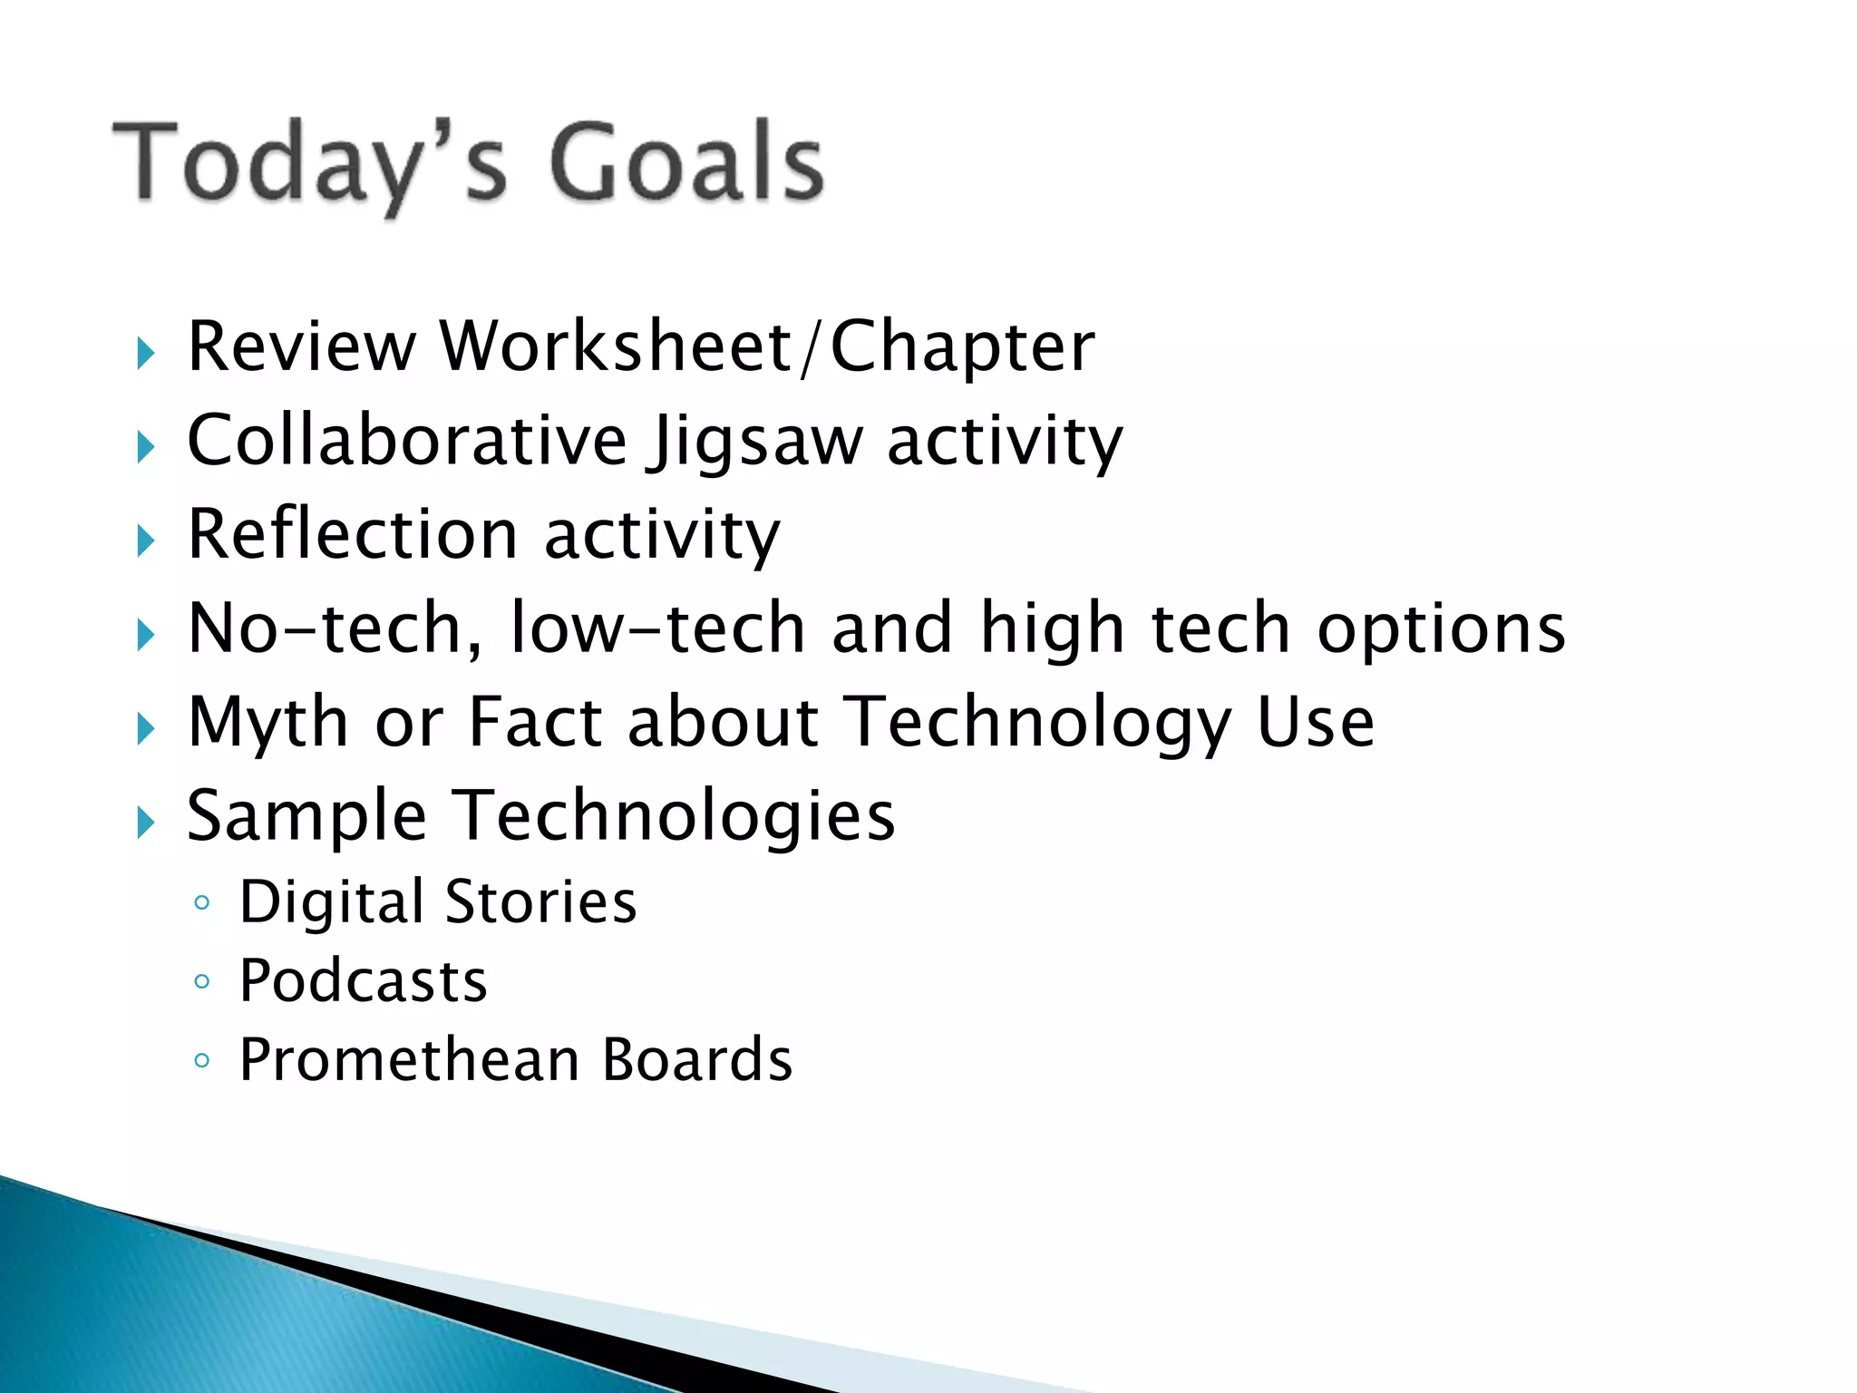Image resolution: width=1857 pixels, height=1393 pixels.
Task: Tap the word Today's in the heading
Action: (x=308, y=163)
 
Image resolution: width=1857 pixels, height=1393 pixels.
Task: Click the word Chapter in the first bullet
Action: (x=962, y=348)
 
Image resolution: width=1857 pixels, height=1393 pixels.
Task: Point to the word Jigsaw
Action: (x=754, y=443)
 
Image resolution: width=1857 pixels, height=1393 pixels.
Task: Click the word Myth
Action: (x=267, y=724)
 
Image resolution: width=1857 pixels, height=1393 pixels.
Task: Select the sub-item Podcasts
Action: (x=363, y=981)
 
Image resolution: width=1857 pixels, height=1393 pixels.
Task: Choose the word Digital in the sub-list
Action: (x=331, y=903)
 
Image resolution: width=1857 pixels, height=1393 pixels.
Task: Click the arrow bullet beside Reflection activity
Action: (x=145, y=541)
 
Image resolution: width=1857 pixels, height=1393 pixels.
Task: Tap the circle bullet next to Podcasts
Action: (x=202, y=981)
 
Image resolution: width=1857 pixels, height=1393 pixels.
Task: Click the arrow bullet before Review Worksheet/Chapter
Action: (x=145, y=353)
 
